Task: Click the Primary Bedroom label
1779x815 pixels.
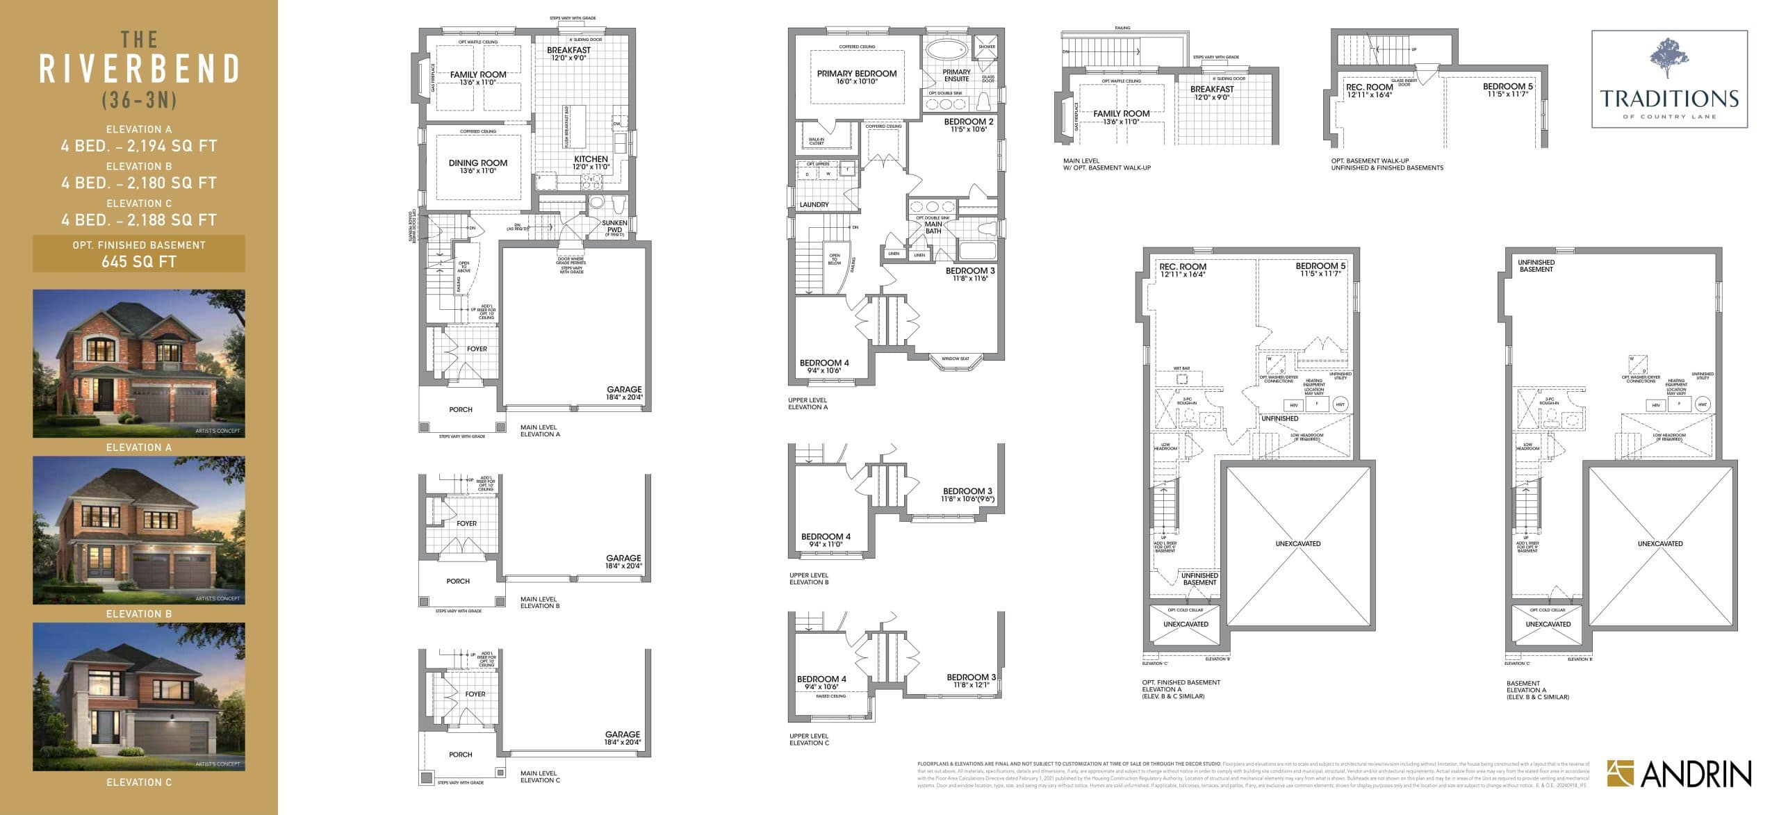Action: coord(856,74)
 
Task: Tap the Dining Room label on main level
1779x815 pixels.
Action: coord(478,163)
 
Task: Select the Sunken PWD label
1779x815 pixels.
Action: coord(614,226)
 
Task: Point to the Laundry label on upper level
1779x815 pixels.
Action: coord(814,205)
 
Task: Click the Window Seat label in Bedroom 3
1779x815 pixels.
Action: coord(955,359)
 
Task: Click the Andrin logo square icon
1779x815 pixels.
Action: coord(1621,773)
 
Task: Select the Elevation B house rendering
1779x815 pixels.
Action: coord(139,530)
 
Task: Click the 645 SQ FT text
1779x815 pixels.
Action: coord(139,262)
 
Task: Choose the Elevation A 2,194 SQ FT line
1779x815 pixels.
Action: coord(139,146)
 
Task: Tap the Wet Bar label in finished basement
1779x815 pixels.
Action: coord(1181,369)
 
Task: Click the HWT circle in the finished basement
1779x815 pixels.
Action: coord(1340,404)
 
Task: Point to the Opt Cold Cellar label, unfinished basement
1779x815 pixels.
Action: coord(1547,610)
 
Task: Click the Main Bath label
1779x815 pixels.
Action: coord(933,227)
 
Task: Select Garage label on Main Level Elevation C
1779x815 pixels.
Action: coord(622,734)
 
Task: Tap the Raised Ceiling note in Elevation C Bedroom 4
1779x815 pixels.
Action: coord(830,695)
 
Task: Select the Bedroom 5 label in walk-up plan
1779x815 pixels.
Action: coord(1507,87)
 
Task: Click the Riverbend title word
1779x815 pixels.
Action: coord(139,69)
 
